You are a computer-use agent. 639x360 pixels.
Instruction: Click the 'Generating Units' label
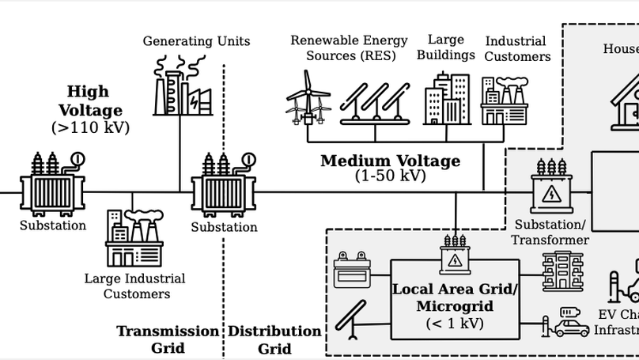[x=196, y=41]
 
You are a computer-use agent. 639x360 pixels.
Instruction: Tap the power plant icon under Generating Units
[x=183, y=86]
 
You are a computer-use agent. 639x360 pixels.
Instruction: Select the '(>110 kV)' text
[x=90, y=127]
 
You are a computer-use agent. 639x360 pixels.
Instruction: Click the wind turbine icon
[x=308, y=98]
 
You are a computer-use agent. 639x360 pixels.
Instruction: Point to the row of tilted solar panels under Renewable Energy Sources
[x=376, y=101]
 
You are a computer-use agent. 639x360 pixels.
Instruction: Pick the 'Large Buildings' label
[x=452, y=47]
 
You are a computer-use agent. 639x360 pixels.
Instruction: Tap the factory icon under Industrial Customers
[x=504, y=100]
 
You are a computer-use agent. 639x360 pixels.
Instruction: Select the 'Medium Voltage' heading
[x=390, y=161]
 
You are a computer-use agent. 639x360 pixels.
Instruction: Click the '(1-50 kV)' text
[x=390, y=176]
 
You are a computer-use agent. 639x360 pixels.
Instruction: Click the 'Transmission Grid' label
[x=168, y=339]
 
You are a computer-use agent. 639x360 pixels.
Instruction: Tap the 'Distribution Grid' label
[x=274, y=339]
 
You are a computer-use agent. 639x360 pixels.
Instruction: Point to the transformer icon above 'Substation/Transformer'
[x=550, y=186]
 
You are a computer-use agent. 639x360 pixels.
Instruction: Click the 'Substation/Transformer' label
[x=550, y=232]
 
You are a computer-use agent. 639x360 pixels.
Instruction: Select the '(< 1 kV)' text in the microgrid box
[x=455, y=323]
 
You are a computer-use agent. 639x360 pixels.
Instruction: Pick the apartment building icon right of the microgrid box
[x=563, y=271]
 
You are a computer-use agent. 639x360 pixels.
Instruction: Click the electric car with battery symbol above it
[x=570, y=322]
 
